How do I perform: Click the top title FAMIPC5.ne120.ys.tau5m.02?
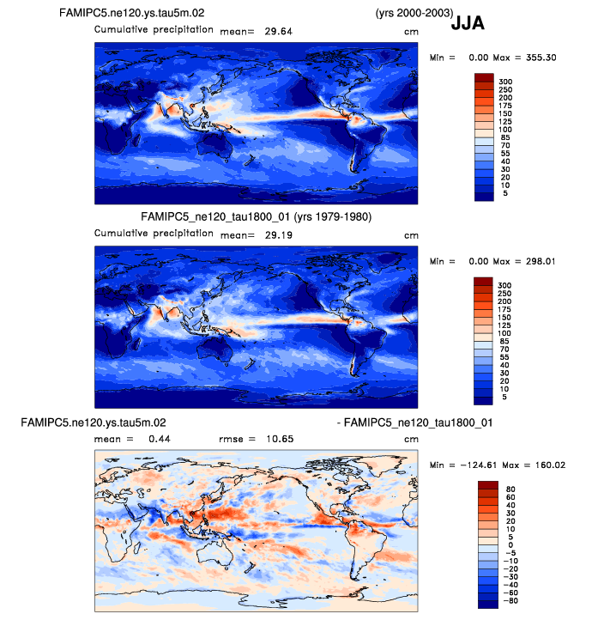tap(131, 13)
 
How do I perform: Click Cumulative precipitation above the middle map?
tap(154, 233)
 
